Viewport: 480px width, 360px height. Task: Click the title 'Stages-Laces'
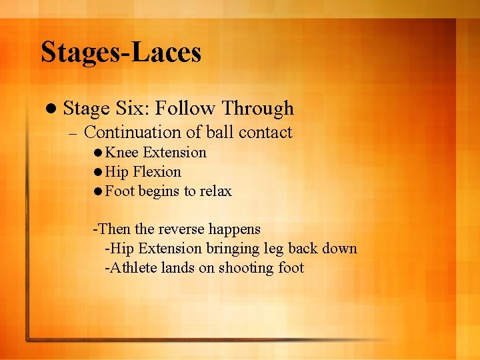(x=121, y=52)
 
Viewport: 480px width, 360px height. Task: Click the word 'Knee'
(x=122, y=153)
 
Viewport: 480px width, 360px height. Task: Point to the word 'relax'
(x=216, y=191)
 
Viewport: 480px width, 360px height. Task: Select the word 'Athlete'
(x=133, y=268)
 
